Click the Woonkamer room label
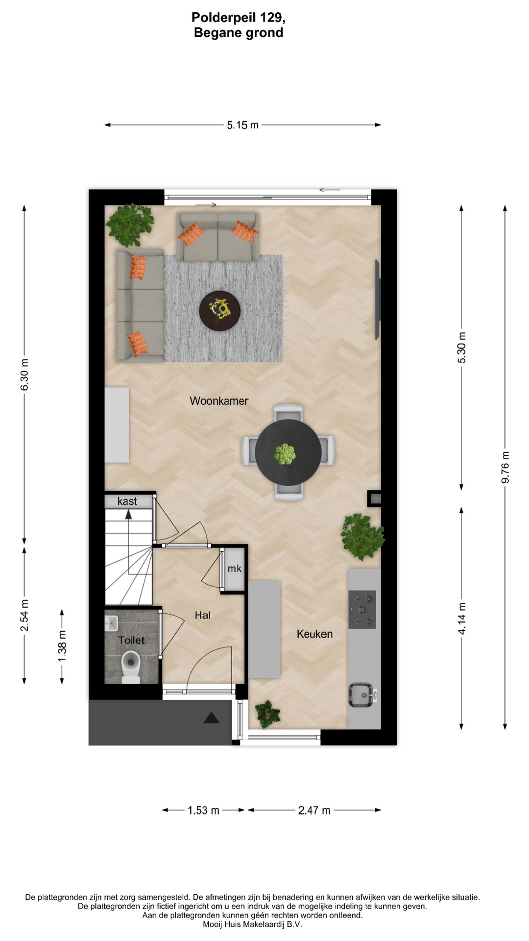[x=219, y=401]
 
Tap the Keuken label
[x=314, y=634]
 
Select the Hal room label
[x=202, y=615]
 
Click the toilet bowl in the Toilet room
[x=131, y=667]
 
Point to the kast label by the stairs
[x=127, y=501]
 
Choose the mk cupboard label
[x=234, y=569]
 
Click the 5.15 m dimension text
[x=242, y=125]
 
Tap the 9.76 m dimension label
[x=505, y=467]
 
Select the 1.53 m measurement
[x=203, y=810]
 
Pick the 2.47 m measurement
[x=314, y=810]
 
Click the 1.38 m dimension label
[x=62, y=646]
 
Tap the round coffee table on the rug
[x=219, y=311]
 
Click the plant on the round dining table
[x=285, y=454]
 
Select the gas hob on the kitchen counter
[x=362, y=609]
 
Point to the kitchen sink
[x=361, y=695]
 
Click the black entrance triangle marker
[x=212, y=718]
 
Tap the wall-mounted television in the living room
[x=377, y=299]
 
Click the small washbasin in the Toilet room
[x=111, y=623]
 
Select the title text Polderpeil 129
[x=238, y=18]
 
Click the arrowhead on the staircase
[x=128, y=514]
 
